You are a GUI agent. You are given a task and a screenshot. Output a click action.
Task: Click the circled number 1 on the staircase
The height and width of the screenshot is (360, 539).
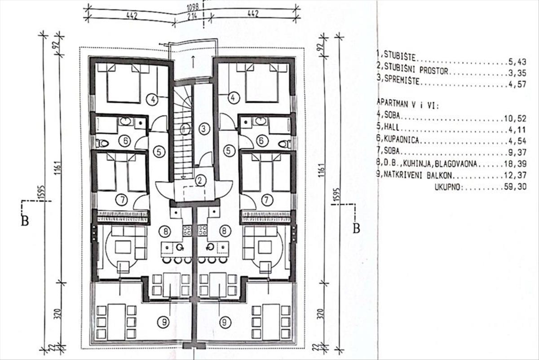[185, 129]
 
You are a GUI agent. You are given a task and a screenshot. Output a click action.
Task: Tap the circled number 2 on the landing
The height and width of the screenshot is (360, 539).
[200, 180]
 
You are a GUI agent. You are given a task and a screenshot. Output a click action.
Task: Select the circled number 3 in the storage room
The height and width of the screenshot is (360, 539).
[204, 129]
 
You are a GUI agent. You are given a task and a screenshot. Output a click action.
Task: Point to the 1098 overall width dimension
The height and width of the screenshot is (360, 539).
[193, 7]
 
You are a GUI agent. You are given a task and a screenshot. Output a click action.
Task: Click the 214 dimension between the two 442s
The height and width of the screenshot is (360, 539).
[191, 16]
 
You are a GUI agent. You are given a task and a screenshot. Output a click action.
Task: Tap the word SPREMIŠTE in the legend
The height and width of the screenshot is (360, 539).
[402, 80]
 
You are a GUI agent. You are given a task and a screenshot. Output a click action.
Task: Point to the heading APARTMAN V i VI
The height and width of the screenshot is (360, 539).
[408, 105]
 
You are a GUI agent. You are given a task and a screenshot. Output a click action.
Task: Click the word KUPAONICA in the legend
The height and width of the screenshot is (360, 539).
[402, 140]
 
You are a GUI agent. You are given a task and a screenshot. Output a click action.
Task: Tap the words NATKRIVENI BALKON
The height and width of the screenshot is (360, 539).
[418, 175]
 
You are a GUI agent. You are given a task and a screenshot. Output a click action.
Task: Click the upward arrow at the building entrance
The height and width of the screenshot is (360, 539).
[193, 61]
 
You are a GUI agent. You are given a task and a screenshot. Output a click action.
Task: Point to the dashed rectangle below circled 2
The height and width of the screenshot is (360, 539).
[194, 194]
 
